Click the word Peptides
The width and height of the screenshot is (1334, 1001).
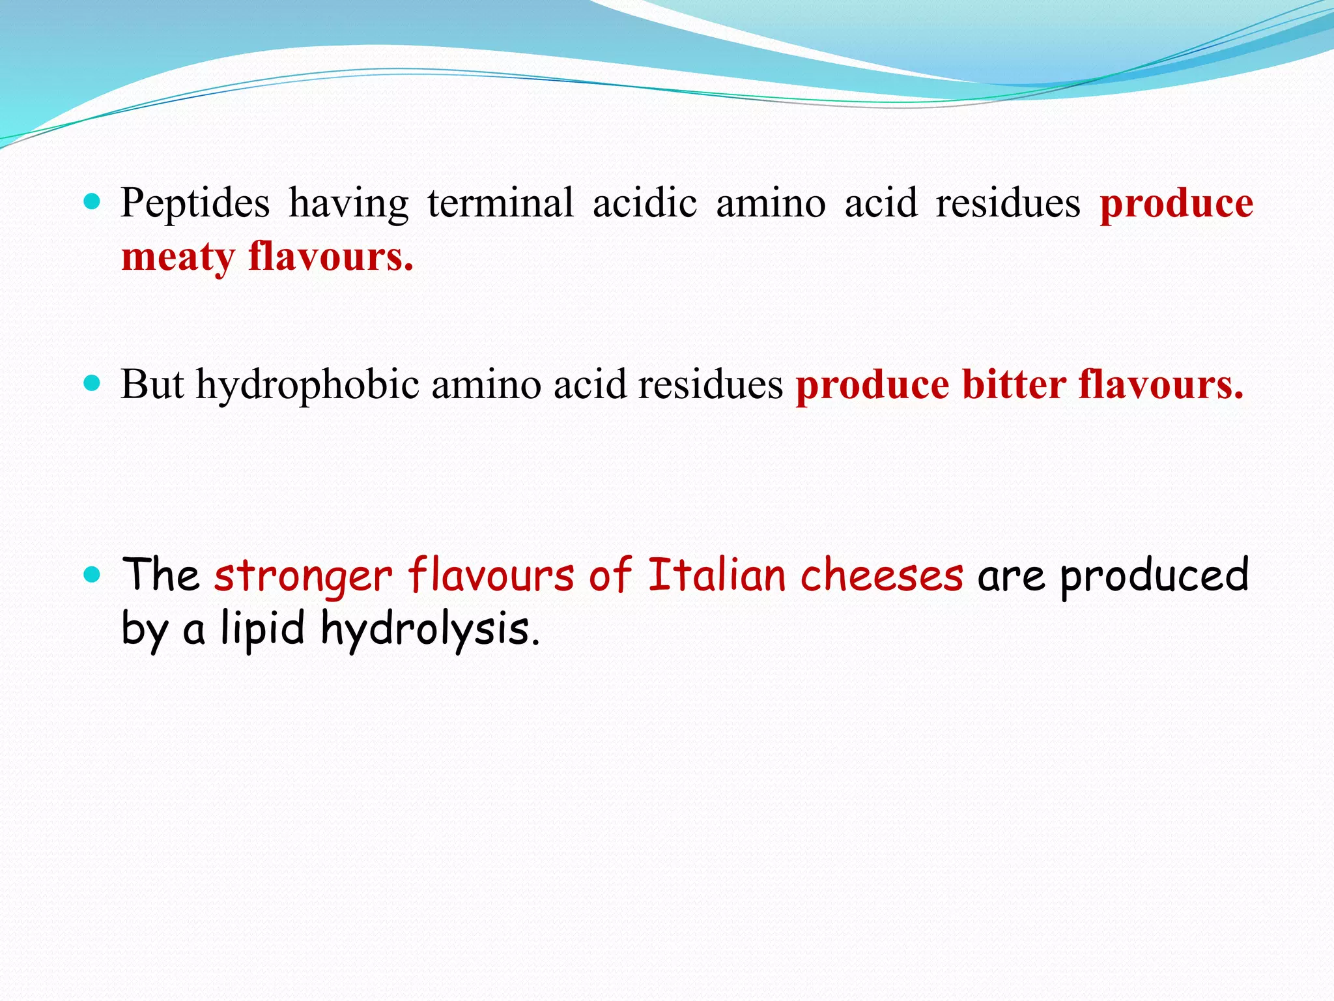pyautogui.click(x=195, y=203)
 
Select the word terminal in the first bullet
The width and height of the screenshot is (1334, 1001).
pyautogui.click(x=500, y=203)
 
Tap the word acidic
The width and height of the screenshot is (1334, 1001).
pyautogui.click(x=644, y=203)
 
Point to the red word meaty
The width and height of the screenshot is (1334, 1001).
pyautogui.click(x=178, y=257)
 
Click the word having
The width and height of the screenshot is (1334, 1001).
pyautogui.click(x=348, y=203)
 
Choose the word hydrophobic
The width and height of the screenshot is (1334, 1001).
pyautogui.click(x=307, y=384)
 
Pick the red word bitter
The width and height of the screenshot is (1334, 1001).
pyautogui.click(x=1014, y=384)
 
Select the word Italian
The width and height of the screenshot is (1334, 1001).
pyautogui.click(x=717, y=575)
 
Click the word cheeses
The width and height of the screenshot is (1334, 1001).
pyautogui.click(x=882, y=575)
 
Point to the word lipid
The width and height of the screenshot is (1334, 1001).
pyautogui.click(x=263, y=630)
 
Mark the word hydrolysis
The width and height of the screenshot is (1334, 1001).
pyautogui.click(x=431, y=630)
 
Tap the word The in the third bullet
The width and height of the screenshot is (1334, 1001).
pyautogui.click(x=161, y=575)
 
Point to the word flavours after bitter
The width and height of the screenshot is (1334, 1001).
pyautogui.click(x=1161, y=384)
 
